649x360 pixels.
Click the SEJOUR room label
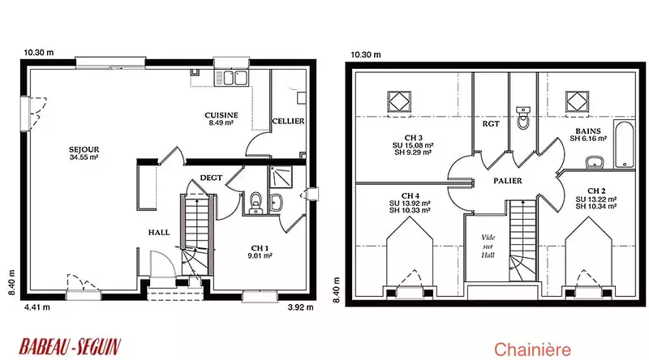coord(84,149)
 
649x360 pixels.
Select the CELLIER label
coord(288,121)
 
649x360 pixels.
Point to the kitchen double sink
coord(230,78)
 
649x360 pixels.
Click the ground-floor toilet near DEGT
coord(256,204)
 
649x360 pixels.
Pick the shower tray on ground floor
coord(281,177)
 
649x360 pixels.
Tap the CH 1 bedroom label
coord(260,248)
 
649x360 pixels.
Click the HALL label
coord(159,233)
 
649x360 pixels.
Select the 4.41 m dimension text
coord(37,307)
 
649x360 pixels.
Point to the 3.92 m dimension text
coord(300,307)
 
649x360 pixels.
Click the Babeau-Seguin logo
coord(70,347)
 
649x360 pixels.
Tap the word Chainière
coord(532,349)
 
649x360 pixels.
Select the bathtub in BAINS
coord(624,144)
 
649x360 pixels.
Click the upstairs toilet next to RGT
coord(523,118)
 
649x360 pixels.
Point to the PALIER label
coord(508,181)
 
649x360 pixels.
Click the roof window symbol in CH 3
coord(399,101)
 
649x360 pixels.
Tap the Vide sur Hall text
coord(488,246)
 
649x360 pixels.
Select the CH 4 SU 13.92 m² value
coord(410,204)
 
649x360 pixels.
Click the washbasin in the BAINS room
coord(595,163)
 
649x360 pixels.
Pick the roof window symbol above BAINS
coord(578,101)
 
